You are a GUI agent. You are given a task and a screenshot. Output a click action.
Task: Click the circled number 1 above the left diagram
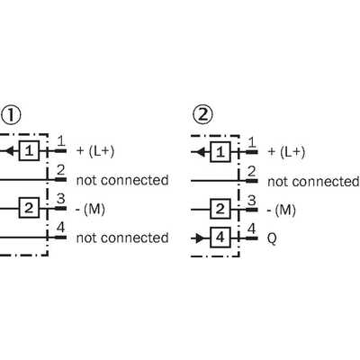tap(11, 114)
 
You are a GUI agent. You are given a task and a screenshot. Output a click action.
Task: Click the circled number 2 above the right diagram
tap(202, 115)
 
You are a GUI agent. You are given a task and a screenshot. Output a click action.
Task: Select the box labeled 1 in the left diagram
tap(29, 150)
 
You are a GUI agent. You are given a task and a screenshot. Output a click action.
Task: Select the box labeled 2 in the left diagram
tap(29, 208)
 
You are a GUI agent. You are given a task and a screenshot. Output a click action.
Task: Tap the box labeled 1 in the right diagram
tap(220, 152)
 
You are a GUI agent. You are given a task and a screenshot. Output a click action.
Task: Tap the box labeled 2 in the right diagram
tap(220, 209)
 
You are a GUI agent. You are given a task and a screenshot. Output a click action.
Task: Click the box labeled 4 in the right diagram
tap(220, 238)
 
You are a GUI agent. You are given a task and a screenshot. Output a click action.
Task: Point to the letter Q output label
tap(272, 239)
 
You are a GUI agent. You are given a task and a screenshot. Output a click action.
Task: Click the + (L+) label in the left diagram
tap(95, 151)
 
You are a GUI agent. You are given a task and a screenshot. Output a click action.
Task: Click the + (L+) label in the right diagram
tap(286, 152)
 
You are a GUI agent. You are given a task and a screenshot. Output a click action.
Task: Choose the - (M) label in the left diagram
tap(90, 209)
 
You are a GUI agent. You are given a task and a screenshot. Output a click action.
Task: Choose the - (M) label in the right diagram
tap(282, 210)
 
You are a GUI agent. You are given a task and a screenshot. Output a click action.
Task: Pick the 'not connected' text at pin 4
tap(122, 238)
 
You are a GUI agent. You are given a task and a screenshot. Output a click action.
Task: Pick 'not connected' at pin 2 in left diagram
tap(122, 180)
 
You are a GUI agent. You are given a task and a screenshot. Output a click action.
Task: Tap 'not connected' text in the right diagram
tap(313, 182)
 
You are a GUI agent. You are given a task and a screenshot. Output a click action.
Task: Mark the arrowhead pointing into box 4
tap(199, 238)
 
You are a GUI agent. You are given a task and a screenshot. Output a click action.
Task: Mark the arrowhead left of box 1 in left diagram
tap(10, 150)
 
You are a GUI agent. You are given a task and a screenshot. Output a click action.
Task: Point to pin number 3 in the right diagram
tap(252, 201)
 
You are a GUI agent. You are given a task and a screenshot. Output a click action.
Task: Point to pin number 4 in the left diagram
tap(61, 228)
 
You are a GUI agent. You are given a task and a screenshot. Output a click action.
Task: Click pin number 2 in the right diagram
tap(252, 172)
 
